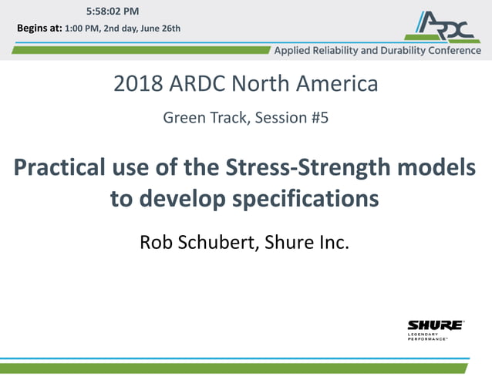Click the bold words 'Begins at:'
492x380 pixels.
pyautogui.click(x=39, y=29)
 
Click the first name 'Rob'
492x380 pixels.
pyautogui.click(x=155, y=243)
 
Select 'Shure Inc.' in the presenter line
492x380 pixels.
pyautogui.click(x=307, y=243)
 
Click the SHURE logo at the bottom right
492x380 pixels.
pyautogui.click(x=435, y=328)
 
